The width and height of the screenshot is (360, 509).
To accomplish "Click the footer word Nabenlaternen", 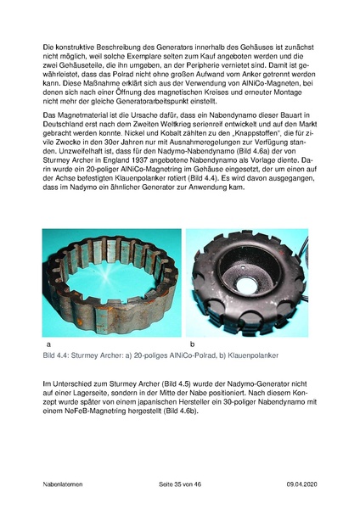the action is click(x=66, y=483).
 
